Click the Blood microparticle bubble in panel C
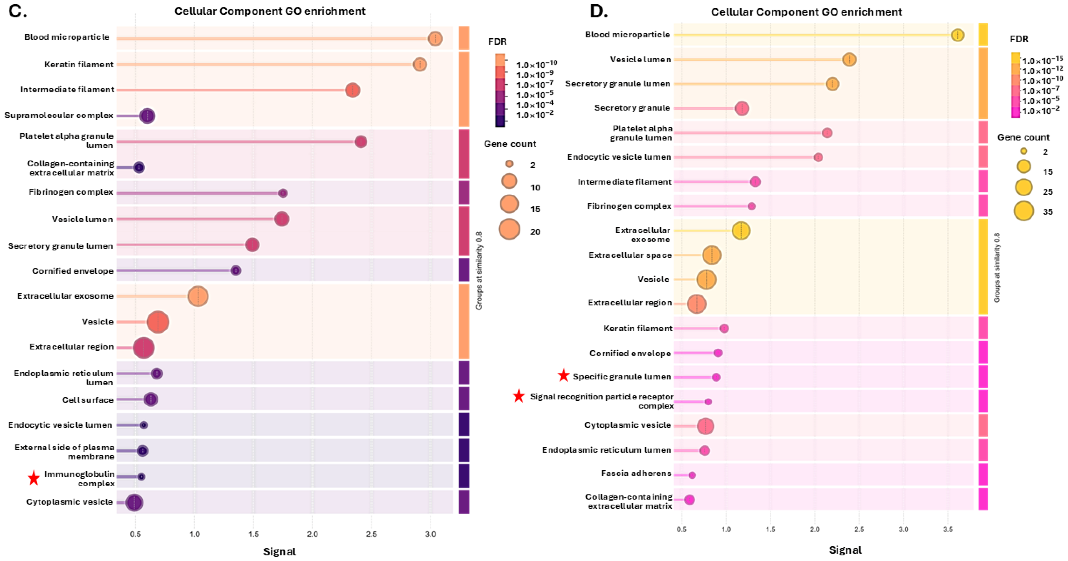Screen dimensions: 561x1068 coord(435,39)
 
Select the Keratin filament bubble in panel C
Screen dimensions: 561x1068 coord(420,64)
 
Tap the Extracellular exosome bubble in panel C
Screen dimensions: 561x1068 coord(198,296)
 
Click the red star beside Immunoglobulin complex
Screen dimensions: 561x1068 coord(34,478)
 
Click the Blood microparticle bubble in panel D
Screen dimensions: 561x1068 coord(957,35)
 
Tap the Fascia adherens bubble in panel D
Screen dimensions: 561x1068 coord(692,475)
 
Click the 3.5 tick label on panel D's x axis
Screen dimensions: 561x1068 coord(948,529)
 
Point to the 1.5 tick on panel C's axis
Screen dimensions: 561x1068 coord(254,534)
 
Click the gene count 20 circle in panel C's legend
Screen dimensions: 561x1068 coord(509,229)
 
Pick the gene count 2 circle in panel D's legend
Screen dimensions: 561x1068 coord(1024,151)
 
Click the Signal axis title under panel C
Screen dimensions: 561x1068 coord(279,551)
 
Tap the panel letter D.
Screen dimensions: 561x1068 coord(599,12)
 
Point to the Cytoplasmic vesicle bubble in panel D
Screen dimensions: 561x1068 coord(706,426)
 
